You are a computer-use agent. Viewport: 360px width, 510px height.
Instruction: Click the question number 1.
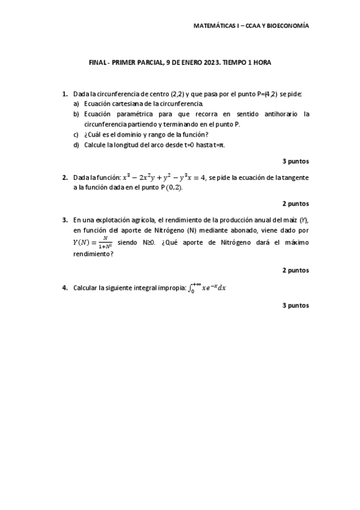[64, 94]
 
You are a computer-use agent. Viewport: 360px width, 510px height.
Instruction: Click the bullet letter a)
[76, 103]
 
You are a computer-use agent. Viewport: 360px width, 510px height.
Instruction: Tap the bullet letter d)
[76, 144]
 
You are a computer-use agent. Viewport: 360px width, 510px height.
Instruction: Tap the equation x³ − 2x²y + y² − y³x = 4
[164, 177]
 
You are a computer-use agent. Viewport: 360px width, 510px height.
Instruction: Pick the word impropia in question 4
[171, 288]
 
